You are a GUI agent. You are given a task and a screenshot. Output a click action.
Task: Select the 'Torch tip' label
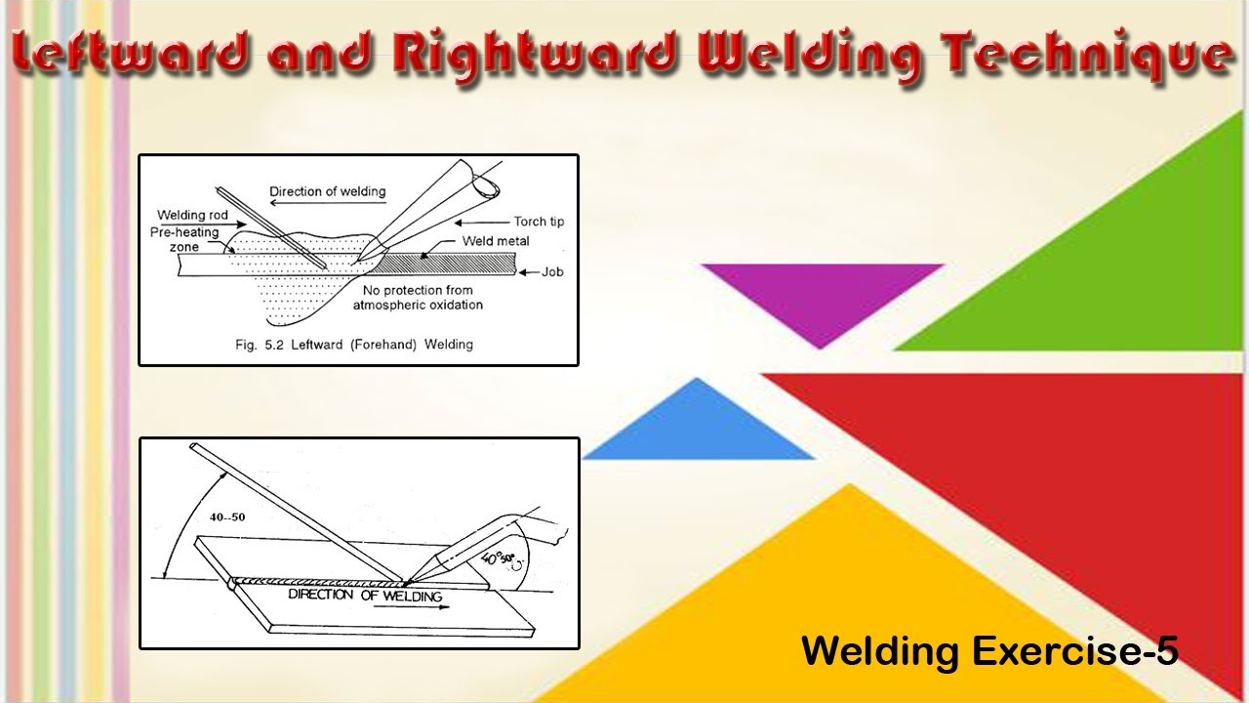tap(539, 222)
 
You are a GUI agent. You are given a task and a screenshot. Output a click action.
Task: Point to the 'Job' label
tap(552, 272)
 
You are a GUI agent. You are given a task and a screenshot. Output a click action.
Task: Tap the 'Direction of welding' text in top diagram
tap(327, 191)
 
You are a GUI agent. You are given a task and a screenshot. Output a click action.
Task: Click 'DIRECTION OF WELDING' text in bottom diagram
tap(364, 595)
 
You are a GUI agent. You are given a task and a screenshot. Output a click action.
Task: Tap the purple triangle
tap(820, 293)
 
